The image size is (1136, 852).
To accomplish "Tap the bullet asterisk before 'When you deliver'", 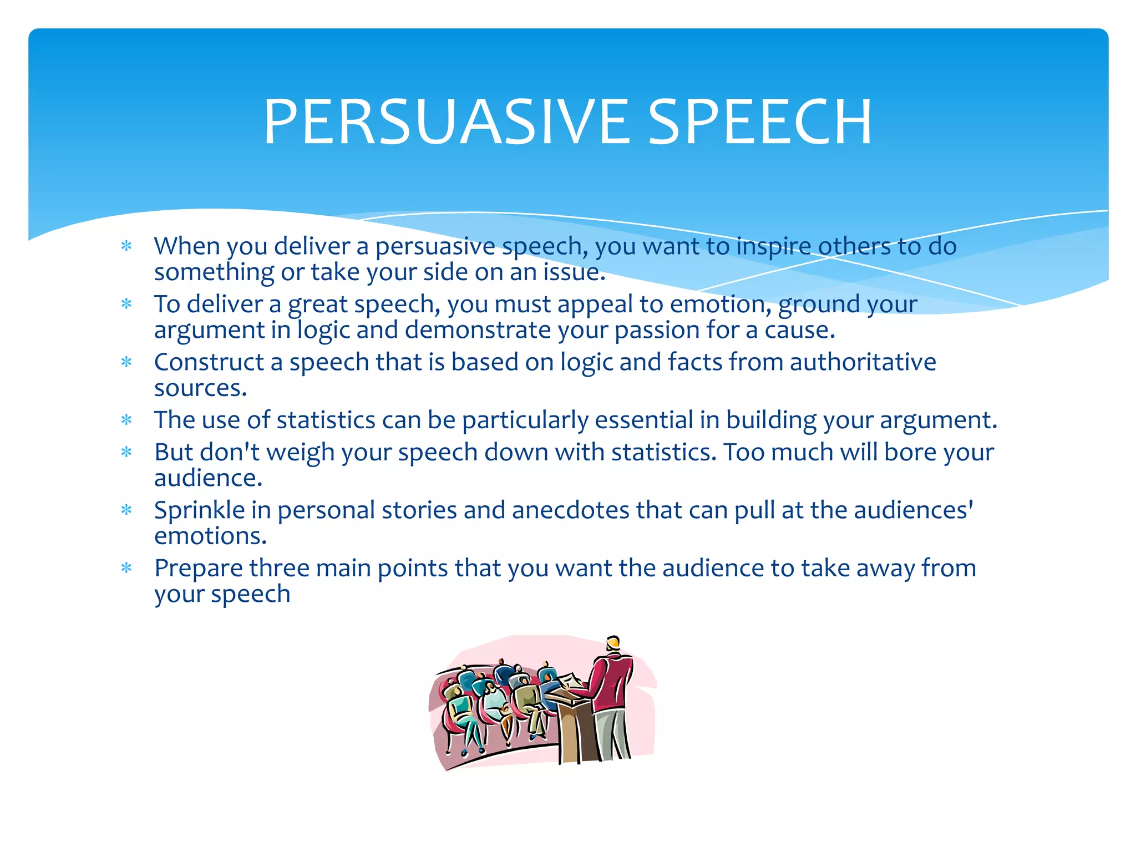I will tap(126, 246).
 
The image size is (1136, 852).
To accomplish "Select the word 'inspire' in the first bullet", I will tap(773, 246).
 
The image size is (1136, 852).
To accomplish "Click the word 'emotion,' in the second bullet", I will tap(721, 304).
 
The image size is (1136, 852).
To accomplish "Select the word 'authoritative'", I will tap(863, 362).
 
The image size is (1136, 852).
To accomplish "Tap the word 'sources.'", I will tap(200, 388).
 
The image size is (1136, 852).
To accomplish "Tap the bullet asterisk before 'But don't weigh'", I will tap(126, 452).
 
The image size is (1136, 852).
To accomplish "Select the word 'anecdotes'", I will tap(570, 510).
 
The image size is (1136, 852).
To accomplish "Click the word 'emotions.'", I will tap(210, 536).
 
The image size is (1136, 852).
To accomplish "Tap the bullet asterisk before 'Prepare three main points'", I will tap(126, 568).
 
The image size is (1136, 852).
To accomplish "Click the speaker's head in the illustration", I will tap(612, 643).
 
